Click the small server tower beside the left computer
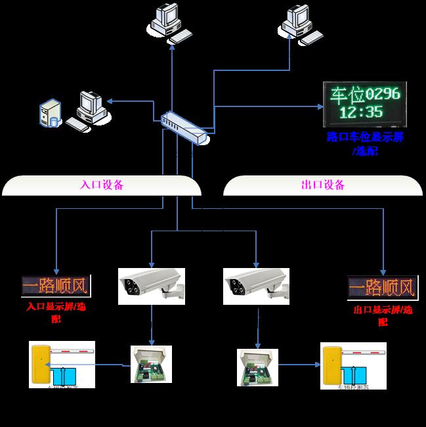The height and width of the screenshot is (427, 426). coord(50,113)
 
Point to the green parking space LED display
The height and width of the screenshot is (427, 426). coord(364,104)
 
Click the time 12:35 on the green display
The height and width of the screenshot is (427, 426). coord(362,112)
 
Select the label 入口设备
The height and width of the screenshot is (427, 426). coord(101,185)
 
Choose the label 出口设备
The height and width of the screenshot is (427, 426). coord(323,185)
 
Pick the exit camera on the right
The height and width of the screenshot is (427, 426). coord(256,284)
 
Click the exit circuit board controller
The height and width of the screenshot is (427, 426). coord(258,367)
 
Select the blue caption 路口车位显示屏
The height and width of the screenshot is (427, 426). coord(365,137)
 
